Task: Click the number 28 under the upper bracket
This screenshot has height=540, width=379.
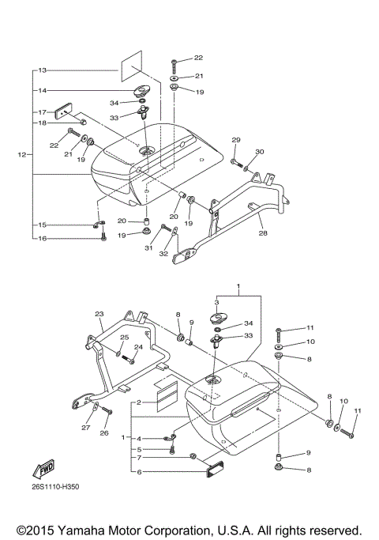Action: click(x=263, y=235)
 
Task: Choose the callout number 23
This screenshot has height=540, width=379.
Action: click(x=99, y=313)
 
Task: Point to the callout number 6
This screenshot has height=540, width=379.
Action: click(x=139, y=472)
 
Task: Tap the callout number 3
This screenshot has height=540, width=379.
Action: click(x=216, y=303)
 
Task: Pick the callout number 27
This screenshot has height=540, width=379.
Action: click(x=86, y=428)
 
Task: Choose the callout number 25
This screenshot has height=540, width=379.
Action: click(x=124, y=338)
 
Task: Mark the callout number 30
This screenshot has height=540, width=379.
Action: click(x=261, y=152)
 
